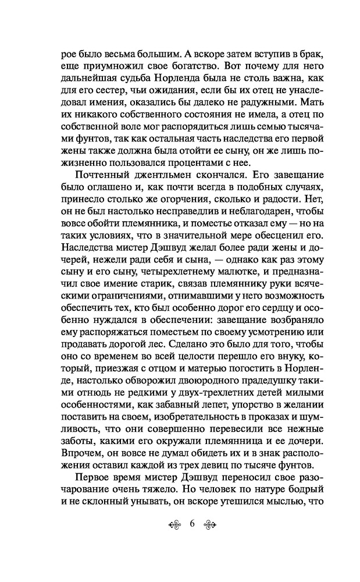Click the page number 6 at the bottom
191,523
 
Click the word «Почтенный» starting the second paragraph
101,177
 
